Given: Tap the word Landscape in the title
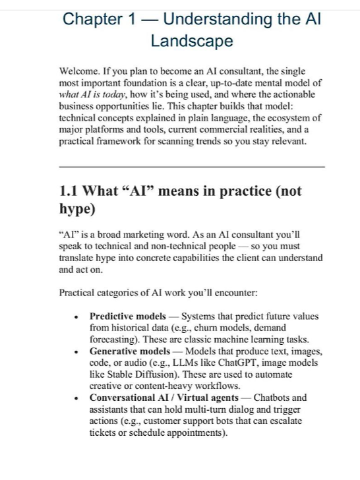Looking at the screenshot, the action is click(192, 41).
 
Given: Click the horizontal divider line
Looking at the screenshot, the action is click(192, 167).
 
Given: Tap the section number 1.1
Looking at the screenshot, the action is click(72, 191).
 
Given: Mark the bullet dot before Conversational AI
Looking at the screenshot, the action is click(78, 399).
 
